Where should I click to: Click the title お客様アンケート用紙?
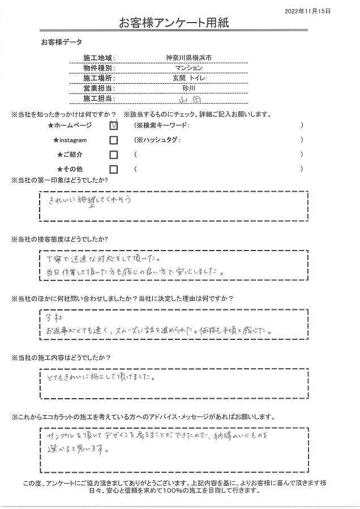[174, 23]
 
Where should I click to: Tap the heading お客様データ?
[62, 42]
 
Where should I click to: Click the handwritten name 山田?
[188, 100]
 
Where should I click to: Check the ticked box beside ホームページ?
[114, 126]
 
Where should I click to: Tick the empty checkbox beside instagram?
[114, 140]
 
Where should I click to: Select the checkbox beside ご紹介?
[114, 155]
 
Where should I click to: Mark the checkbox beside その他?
[114, 169]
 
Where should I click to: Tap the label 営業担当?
[98, 89]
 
